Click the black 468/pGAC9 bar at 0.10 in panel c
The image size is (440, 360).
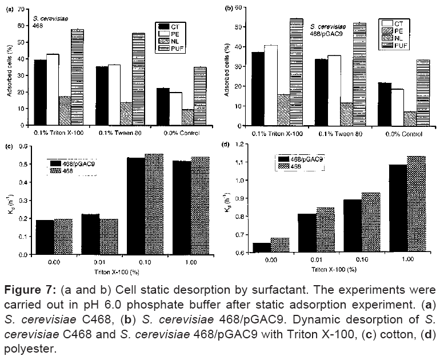pyautogui.click(x=135, y=206)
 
